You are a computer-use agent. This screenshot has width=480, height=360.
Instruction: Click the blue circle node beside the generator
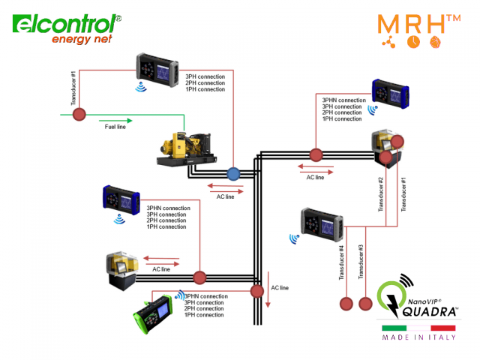point(232,173)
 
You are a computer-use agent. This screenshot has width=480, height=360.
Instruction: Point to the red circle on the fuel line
point(79,115)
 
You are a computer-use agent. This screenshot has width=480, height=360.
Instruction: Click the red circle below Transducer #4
point(346,304)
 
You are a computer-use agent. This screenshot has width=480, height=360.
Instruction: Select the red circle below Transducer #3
point(365,304)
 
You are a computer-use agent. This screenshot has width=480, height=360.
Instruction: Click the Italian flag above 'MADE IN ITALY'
point(418,328)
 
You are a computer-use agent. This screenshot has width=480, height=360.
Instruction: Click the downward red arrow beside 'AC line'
point(267,300)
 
